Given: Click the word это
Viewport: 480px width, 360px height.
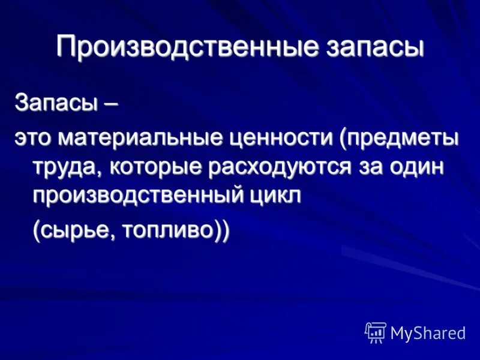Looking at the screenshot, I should tap(33, 139).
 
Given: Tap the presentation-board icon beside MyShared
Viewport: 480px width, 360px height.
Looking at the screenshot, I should tap(376, 332).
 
